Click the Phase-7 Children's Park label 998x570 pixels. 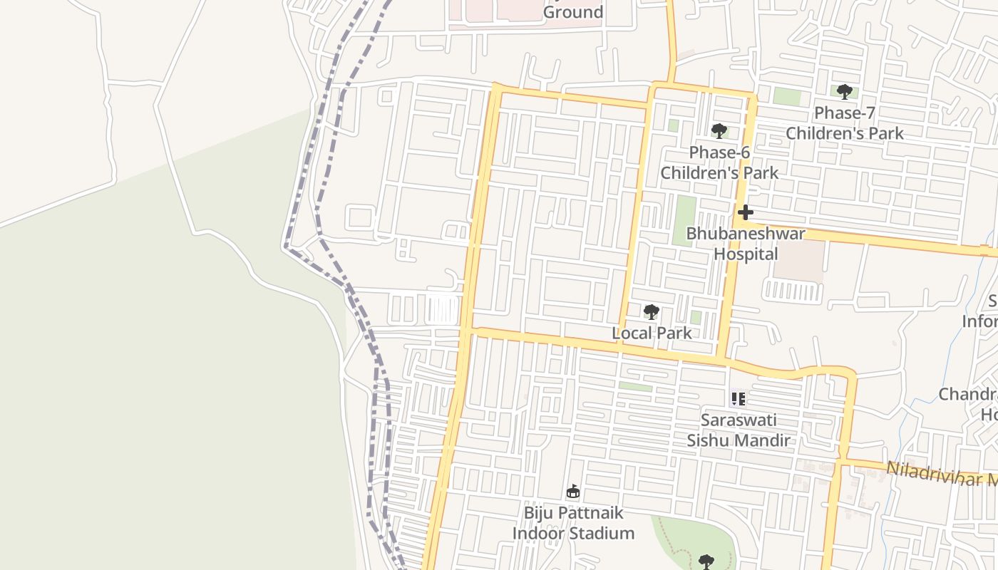pyautogui.click(x=844, y=123)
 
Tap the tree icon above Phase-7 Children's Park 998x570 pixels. pyautogui.click(x=844, y=91)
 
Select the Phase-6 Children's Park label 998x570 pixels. pyautogui.click(x=719, y=162)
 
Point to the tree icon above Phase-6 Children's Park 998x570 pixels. pyautogui.click(x=719, y=131)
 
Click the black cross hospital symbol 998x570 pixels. pyautogui.click(x=745, y=212)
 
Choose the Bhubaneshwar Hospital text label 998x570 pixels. pyautogui.click(x=746, y=244)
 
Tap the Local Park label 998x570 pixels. pyautogui.click(x=652, y=333)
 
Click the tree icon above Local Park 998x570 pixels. pyautogui.click(x=651, y=312)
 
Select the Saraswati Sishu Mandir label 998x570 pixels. pyautogui.click(x=739, y=430)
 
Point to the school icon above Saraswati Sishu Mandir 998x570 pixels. pyautogui.click(x=738, y=399)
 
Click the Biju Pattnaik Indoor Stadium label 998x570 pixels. pyautogui.click(x=573, y=523)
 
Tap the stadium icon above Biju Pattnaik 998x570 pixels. pyautogui.click(x=572, y=491)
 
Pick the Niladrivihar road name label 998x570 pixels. pyautogui.click(x=941, y=474)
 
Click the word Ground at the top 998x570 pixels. pyautogui.click(x=573, y=12)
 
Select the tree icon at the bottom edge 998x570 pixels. pyautogui.click(x=706, y=562)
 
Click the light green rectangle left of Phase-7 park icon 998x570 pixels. pyautogui.click(x=787, y=96)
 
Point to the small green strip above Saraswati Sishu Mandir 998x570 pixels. pyautogui.click(x=635, y=387)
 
